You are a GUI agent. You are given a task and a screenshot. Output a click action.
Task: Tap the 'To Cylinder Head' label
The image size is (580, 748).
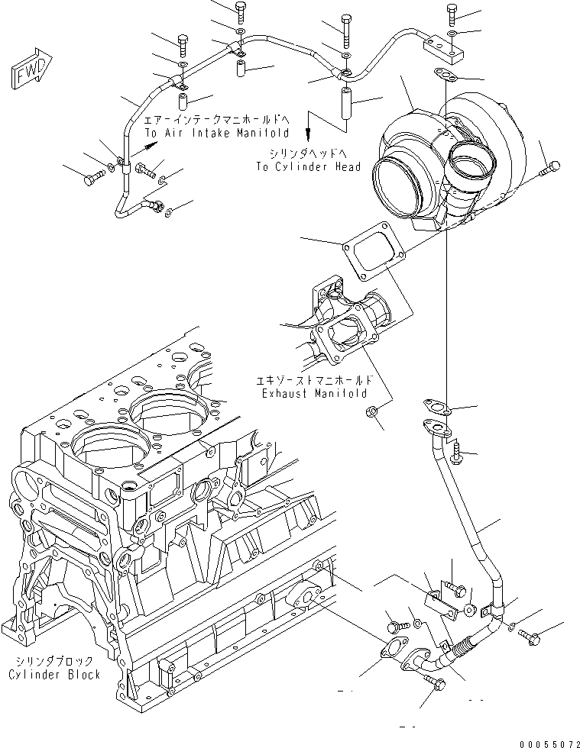tap(309, 166)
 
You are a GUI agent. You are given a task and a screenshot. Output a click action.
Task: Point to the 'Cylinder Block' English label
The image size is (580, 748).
tap(54, 675)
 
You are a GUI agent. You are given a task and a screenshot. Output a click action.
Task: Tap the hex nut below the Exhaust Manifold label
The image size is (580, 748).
tap(369, 413)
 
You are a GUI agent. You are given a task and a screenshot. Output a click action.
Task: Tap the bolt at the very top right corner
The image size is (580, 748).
tap(452, 13)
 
